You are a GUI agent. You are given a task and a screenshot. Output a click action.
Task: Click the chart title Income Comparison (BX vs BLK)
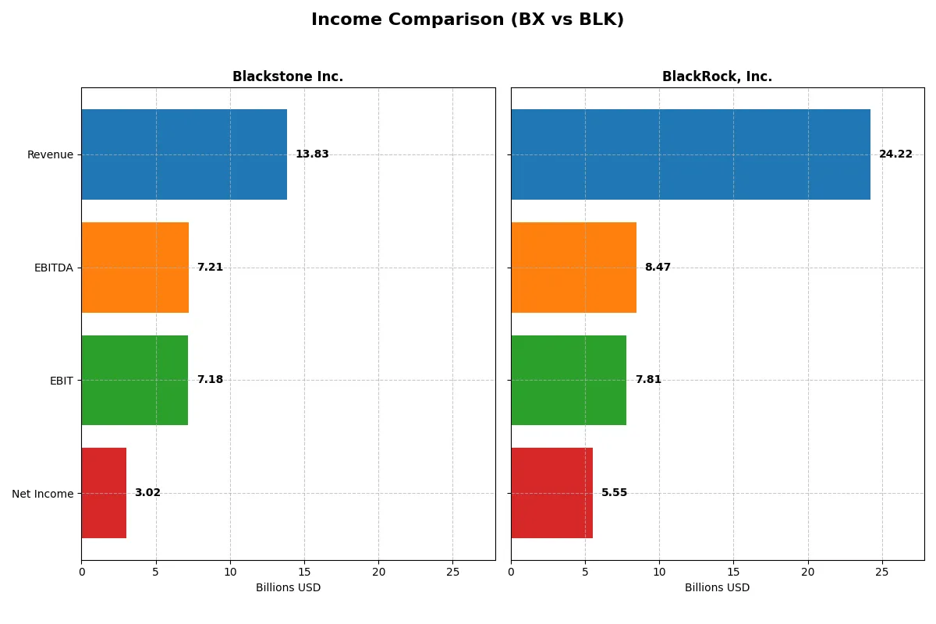point(467,20)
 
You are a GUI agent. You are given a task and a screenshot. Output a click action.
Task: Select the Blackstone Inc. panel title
point(288,76)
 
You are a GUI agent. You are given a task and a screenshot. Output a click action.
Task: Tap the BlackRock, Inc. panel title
point(717,76)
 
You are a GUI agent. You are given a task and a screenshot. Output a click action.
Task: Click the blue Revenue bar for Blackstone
point(184,154)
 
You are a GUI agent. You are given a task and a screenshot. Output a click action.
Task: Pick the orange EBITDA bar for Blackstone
point(135,268)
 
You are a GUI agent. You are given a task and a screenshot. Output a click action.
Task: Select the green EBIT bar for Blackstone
point(134,380)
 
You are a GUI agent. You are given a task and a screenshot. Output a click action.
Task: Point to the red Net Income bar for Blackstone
point(104,493)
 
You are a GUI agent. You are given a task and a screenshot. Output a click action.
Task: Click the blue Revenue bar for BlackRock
point(690,154)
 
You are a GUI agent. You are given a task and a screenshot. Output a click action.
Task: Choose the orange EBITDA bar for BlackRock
point(573,268)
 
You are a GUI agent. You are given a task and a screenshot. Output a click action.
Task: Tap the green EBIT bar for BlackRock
point(569,380)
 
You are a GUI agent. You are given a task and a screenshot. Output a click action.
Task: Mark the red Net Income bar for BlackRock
point(551,493)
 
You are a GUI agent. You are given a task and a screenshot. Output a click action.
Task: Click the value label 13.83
point(312,154)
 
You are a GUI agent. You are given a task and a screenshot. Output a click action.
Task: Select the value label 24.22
point(895,154)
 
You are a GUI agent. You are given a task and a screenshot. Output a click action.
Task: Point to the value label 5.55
point(614,493)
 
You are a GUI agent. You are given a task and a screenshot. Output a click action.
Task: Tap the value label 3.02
point(147,493)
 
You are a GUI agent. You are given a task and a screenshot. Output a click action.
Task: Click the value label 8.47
point(658,268)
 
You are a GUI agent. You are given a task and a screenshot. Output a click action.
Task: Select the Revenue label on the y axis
point(50,154)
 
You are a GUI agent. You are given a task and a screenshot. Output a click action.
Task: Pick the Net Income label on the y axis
point(43,493)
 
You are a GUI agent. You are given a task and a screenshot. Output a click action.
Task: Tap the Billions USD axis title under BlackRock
point(717,588)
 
